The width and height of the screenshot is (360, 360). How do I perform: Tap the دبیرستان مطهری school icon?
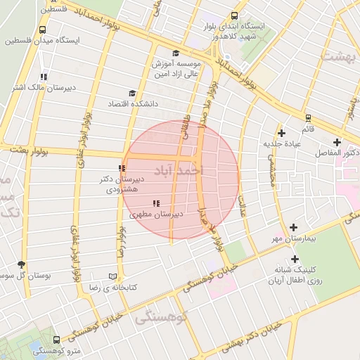point(155,204)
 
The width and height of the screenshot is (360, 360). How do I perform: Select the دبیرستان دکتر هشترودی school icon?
point(122,169)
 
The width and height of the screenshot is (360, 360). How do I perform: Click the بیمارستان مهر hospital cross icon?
point(293,227)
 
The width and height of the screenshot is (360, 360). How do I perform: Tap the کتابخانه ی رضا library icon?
point(113,277)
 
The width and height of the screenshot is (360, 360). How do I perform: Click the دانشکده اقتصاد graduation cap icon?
point(131,93)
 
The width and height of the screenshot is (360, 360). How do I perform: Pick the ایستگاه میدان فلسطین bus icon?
point(44,30)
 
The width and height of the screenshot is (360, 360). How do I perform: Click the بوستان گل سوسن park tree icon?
point(21,265)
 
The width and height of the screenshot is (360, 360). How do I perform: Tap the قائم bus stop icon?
point(307,118)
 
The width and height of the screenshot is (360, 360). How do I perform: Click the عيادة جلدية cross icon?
point(281,133)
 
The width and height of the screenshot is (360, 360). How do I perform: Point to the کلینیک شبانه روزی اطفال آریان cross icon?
point(295,259)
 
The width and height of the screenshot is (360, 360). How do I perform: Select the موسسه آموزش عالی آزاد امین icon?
point(175,53)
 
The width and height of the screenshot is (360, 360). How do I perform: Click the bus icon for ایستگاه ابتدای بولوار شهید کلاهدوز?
point(234,15)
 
